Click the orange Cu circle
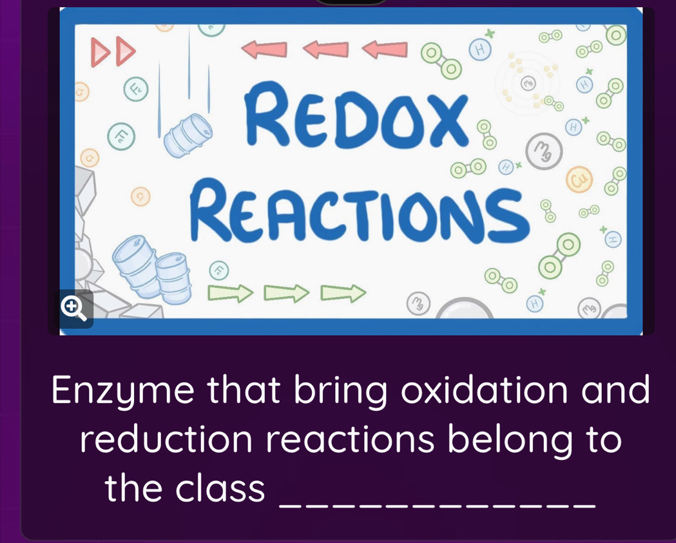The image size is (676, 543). click(x=576, y=178)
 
